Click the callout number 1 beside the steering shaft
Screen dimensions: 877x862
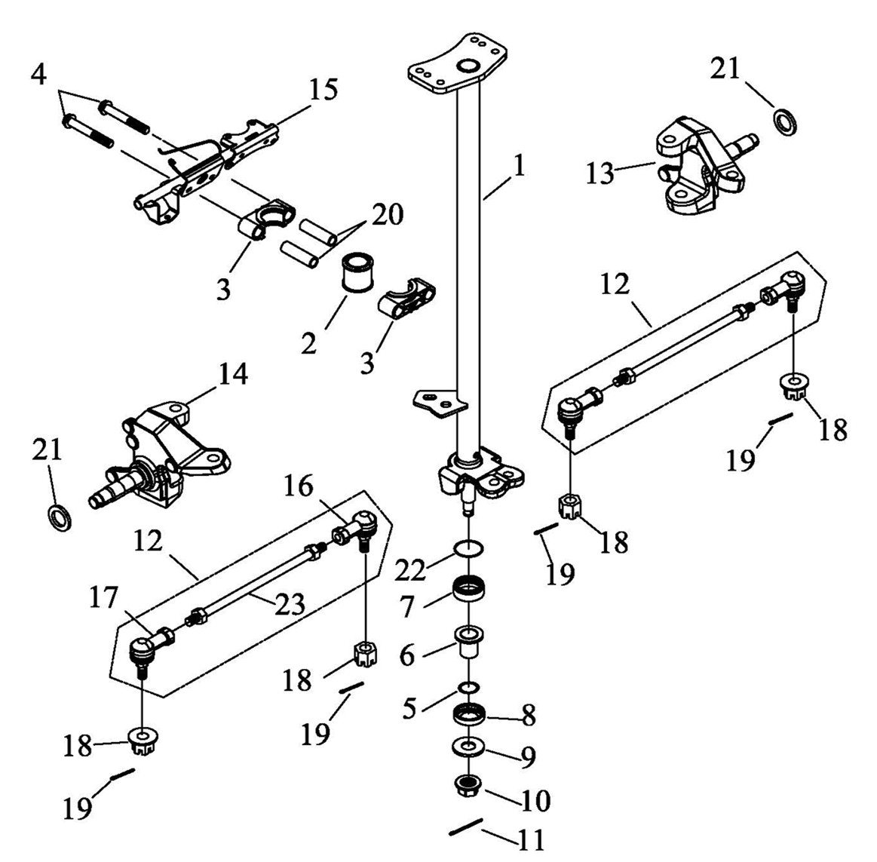520,166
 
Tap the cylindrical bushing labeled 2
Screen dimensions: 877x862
357,272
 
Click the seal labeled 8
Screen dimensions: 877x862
469,713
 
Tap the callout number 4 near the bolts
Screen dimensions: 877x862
38,74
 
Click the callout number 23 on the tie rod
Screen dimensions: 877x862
289,603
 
